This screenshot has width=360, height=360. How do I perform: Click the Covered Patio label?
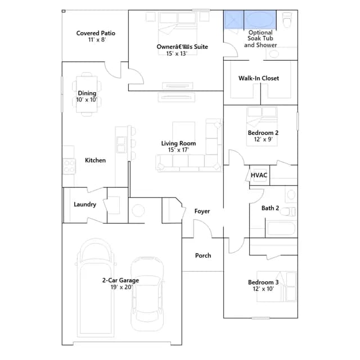point(96,33)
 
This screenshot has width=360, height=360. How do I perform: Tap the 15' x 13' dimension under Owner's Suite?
point(177,53)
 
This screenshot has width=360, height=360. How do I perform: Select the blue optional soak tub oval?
point(260,20)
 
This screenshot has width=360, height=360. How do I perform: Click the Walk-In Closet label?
point(259,78)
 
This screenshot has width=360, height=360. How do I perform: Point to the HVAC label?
point(259,175)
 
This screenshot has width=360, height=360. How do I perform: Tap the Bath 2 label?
point(270,208)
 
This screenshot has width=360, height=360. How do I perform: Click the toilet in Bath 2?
point(287,211)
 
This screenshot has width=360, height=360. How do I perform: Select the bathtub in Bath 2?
point(281,228)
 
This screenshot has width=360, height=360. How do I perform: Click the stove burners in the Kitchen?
point(69,166)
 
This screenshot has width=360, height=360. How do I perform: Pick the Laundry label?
point(85,204)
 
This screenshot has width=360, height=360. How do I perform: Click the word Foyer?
point(202,211)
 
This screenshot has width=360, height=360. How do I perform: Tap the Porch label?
point(203,255)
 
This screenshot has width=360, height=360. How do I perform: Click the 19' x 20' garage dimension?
point(121,287)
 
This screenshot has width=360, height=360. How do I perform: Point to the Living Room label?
point(178,143)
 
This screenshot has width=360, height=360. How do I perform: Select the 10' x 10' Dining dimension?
point(87,100)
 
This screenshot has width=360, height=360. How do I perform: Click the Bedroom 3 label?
point(263,282)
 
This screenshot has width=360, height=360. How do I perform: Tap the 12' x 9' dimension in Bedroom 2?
point(263,139)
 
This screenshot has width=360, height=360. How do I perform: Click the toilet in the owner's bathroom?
point(287,20)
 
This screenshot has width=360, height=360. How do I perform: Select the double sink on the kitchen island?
point(121,145)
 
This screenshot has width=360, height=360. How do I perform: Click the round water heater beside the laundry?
point(138,210)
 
